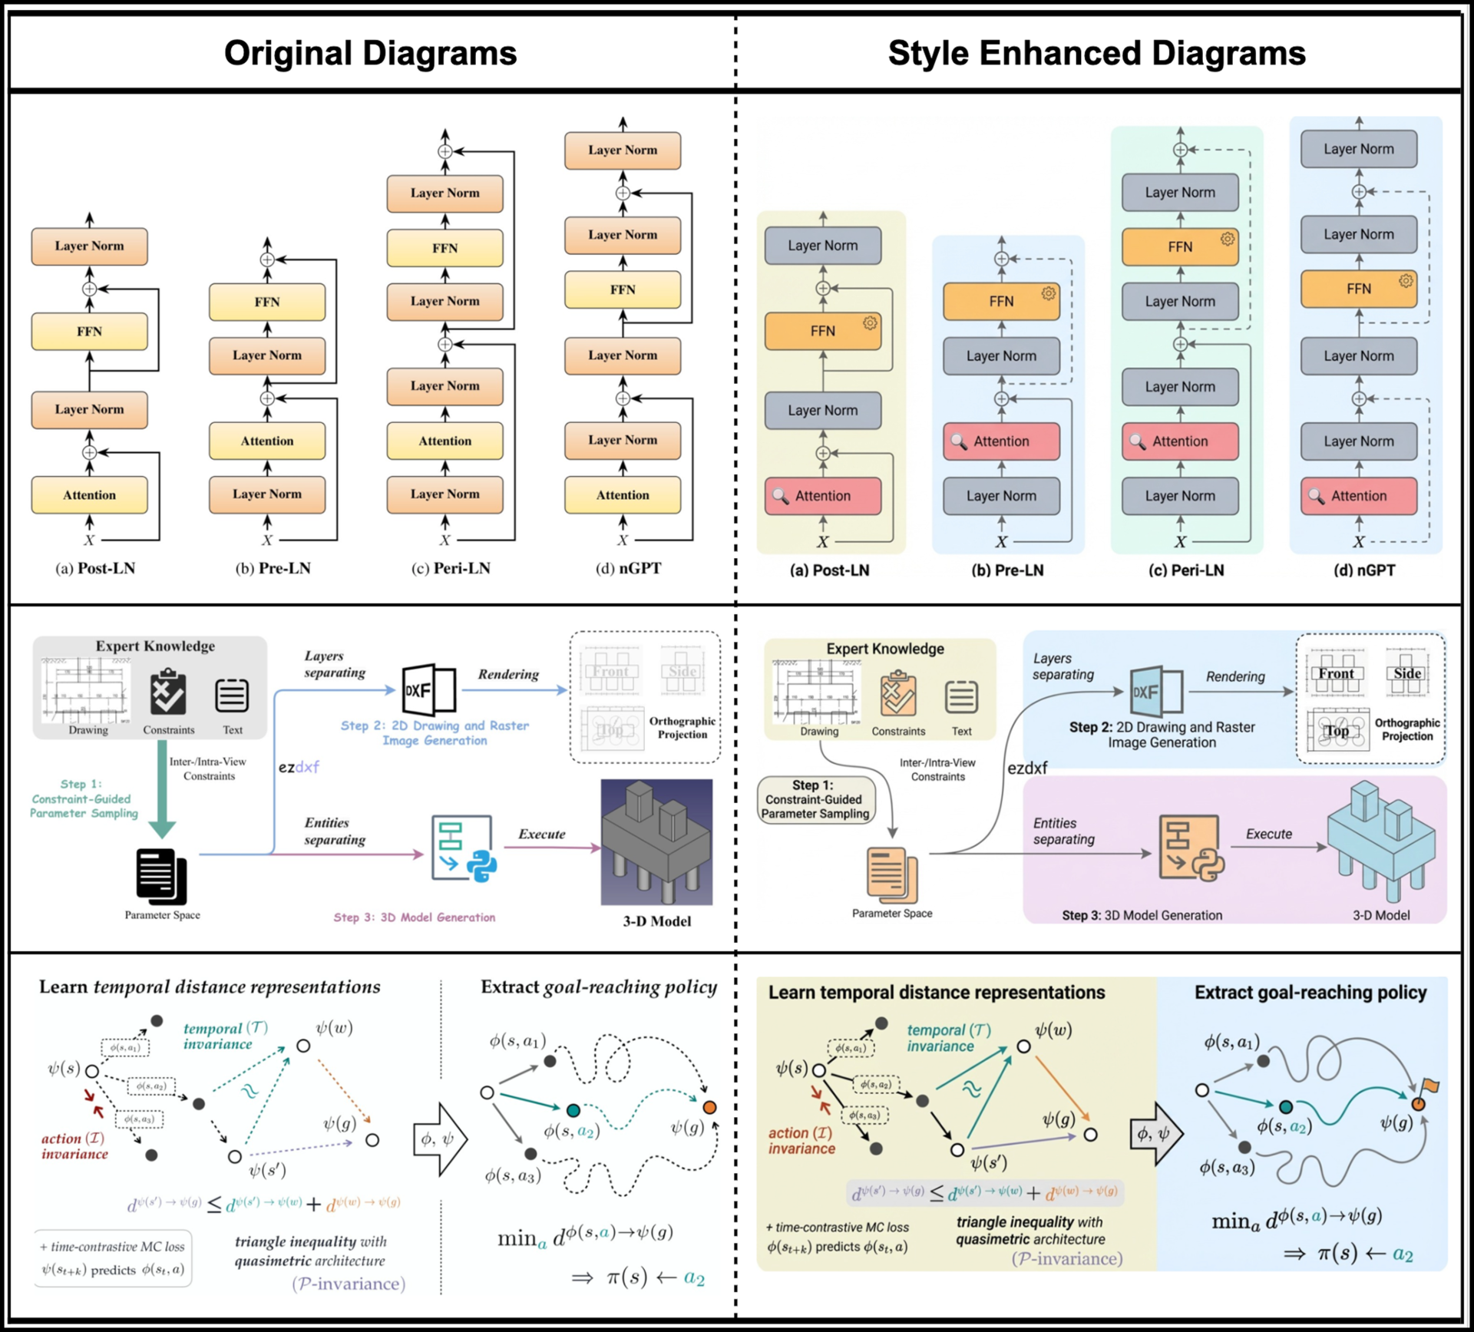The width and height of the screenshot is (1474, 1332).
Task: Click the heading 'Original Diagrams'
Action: (370, 53)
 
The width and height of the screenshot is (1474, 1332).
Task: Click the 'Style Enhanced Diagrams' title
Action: (1096, 53)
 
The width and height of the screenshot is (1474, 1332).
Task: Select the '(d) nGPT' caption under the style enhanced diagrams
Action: (1364, 570)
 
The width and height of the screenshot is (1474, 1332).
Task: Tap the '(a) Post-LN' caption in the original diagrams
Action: (95, 569)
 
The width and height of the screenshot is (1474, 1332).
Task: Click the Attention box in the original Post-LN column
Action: (89, 495)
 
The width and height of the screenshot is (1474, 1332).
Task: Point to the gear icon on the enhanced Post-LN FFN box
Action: (870, 323)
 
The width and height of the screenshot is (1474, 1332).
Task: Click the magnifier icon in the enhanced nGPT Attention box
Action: (1316, 496)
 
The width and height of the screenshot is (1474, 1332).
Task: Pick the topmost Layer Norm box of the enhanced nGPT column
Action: (1358, 149)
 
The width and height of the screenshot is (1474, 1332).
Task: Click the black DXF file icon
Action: (428, 689)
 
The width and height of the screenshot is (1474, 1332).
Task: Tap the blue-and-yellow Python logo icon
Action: (481, 865)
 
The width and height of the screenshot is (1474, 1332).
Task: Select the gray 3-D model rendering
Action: (656, 842)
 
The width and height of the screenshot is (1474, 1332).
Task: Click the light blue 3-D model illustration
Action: (1381, 841)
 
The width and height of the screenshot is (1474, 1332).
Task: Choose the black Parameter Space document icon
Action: (161, 876)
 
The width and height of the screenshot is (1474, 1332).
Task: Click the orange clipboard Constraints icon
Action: (897, 694)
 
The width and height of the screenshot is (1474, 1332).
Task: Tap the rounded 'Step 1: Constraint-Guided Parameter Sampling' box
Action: (815, 800)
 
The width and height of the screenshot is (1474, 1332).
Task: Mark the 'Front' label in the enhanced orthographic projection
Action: (1337, 673)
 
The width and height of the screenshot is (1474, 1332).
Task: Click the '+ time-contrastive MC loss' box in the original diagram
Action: (113, 1258)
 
